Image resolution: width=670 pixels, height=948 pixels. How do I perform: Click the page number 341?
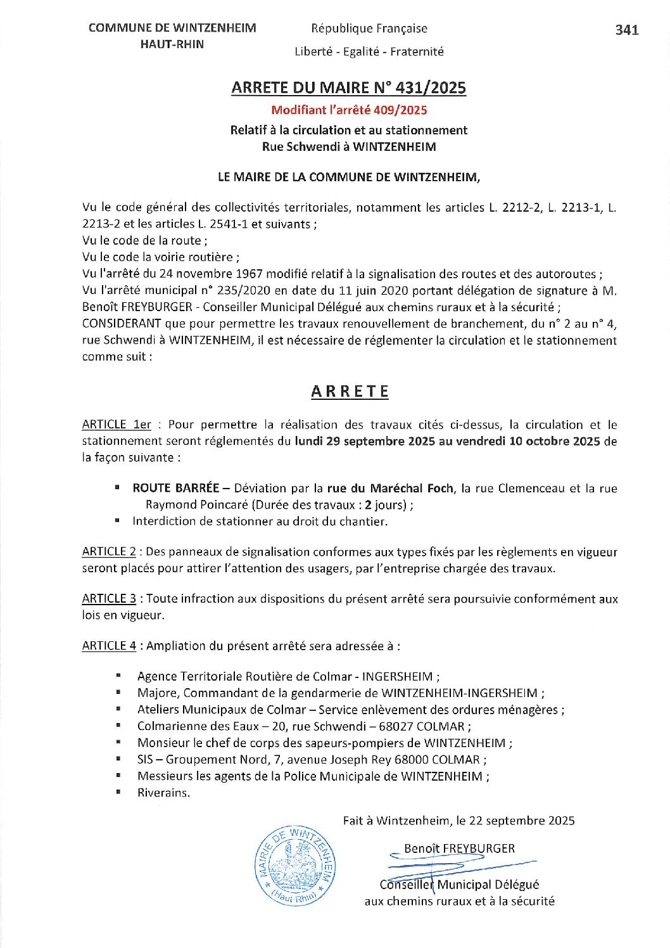[626, 30]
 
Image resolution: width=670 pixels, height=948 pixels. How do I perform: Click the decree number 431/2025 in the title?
[431, 88]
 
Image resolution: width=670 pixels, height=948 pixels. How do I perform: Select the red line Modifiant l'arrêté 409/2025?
[349, 110]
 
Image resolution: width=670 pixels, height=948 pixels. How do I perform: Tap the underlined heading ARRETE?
[350, 392]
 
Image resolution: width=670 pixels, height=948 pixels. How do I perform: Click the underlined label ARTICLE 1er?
[117, 425]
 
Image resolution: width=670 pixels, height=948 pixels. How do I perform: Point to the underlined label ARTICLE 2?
[109, 552]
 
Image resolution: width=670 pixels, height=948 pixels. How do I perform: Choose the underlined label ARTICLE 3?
[109, 599]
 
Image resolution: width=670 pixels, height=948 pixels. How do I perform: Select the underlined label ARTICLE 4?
[109, 646]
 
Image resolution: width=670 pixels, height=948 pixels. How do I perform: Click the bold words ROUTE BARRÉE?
[175, 489]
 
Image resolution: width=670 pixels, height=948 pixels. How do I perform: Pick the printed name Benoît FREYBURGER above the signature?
[459, 849]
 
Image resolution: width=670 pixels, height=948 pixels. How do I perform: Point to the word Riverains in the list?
[163, 793]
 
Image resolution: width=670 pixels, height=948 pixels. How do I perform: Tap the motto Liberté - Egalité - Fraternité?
[369, 52]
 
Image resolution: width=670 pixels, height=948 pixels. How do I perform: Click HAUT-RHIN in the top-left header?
[172, 44]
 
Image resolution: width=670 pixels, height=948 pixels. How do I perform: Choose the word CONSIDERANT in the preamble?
[122, 324]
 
